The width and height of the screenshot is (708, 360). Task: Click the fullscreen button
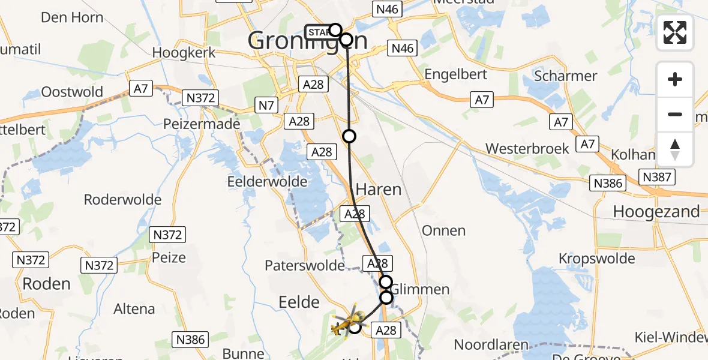pos(675,32)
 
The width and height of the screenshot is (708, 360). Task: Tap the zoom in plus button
pos(675,79)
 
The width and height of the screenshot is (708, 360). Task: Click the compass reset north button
pos(675,149)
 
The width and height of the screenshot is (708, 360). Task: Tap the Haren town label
pos(378,190)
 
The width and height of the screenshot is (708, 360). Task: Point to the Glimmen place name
pos(419,289)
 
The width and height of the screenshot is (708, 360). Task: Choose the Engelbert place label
pos(455,75)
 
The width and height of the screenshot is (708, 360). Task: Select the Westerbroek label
pos(527,148)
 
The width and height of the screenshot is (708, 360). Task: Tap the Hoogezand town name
pos(656,211)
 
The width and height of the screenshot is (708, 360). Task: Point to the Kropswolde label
pos(596,259)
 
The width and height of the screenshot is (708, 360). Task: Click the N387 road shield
pos(657,177)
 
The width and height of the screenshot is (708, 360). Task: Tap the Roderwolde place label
pos(122,200)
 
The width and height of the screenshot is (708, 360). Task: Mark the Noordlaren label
pos(491,345)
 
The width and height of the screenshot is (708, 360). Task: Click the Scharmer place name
pos(565,76)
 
